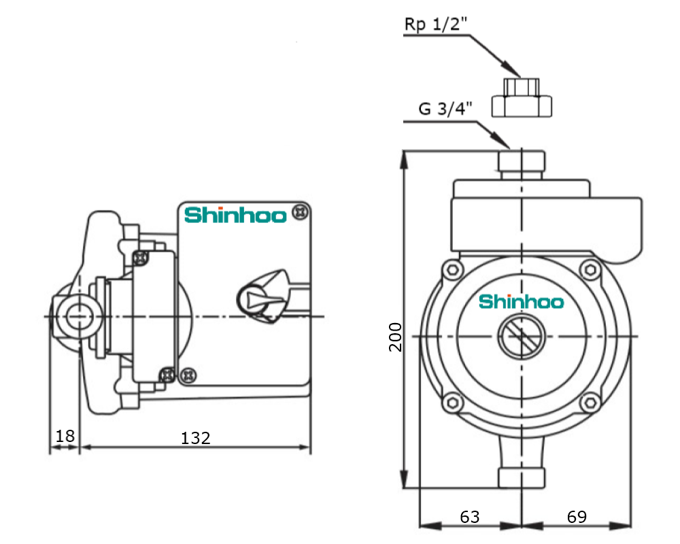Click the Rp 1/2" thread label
[x=436, y=24]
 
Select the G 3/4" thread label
[x=445, y=108]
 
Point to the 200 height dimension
[x=396, y=337]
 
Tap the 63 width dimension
[x=470, y=517]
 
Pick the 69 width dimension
[x=577, y=517]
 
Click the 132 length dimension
[x=196, y=438]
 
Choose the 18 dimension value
[x=65, y=436]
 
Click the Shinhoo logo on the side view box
[x=235, y=215]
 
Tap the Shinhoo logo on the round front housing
[x=522, y=301]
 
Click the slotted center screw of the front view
[x=522, y=337]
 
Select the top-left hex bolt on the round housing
[x=453, y=270]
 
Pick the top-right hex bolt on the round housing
[x=590, y=270]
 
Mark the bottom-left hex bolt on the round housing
[x=453, y=403]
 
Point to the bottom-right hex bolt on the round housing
[x=590, y=403]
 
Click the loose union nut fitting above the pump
[x=522, y=98]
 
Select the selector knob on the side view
[x=262, y=296]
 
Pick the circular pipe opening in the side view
[x=79, y=317]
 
